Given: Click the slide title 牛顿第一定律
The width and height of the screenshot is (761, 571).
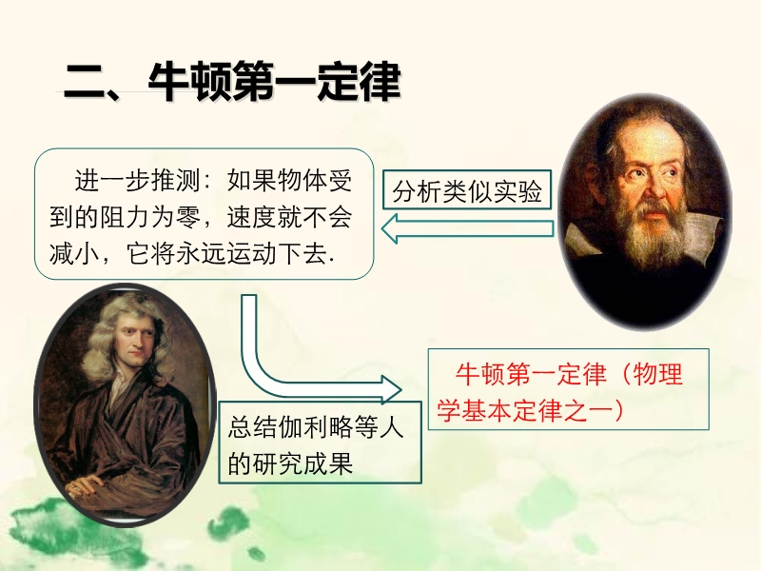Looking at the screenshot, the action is pyautogui.click(x=275, y=82).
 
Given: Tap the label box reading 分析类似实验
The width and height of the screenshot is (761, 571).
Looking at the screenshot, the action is pyautogui.click(x=467, y=189).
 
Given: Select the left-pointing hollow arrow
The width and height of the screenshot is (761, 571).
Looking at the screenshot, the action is pyautogui.click(x=467, y=228).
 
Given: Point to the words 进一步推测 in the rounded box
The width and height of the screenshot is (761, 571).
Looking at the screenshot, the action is pyautogui.click(x=137, y=181).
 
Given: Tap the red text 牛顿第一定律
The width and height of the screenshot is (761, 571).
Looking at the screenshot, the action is pyautogui.click(x=532, y=374).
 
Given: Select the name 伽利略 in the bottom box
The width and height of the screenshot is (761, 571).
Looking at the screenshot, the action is pyautogui.click(x=316, y=427).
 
